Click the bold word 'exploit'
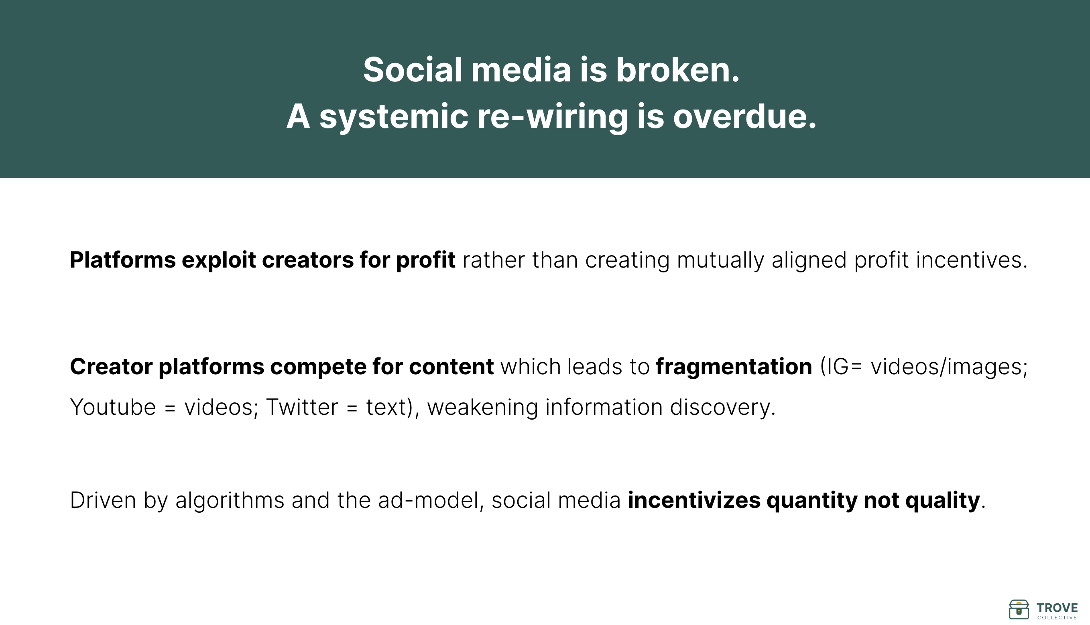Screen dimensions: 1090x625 pos(219,260)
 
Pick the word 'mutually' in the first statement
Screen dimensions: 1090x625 pos(720,260)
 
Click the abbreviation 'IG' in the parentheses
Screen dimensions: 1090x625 pos(834,367)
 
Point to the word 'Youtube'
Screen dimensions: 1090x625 pos(113,407)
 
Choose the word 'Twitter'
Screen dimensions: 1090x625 pos(302,407)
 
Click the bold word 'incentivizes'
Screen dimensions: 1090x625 pos(694,501)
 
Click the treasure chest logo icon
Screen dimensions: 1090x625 pos(1019,609)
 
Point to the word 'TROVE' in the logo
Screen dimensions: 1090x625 pos(1057,608)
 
